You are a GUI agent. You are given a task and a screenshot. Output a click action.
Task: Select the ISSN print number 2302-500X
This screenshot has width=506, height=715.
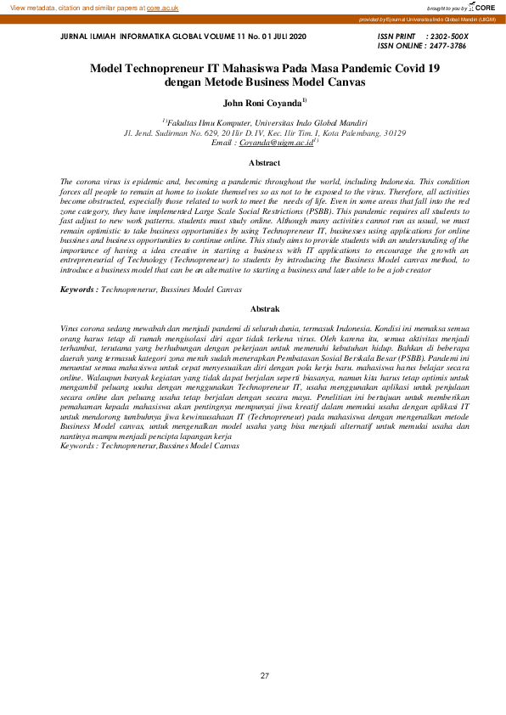[x=449, y=37]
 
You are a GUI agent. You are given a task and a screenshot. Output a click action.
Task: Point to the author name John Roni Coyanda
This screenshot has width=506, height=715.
[x=261, y=104]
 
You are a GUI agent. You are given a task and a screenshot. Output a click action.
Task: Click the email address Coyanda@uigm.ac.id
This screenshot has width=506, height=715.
[x=276, y=144]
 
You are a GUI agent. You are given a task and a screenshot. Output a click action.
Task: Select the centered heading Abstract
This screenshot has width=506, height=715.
[x=264, y=161]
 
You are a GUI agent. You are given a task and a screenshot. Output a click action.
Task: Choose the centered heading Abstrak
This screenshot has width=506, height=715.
[x=264, y=309]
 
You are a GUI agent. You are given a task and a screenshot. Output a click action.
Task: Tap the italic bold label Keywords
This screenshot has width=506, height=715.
[x=77, y=290]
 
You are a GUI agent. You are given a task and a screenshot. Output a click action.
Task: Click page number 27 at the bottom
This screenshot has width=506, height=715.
[x=264, y=676]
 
